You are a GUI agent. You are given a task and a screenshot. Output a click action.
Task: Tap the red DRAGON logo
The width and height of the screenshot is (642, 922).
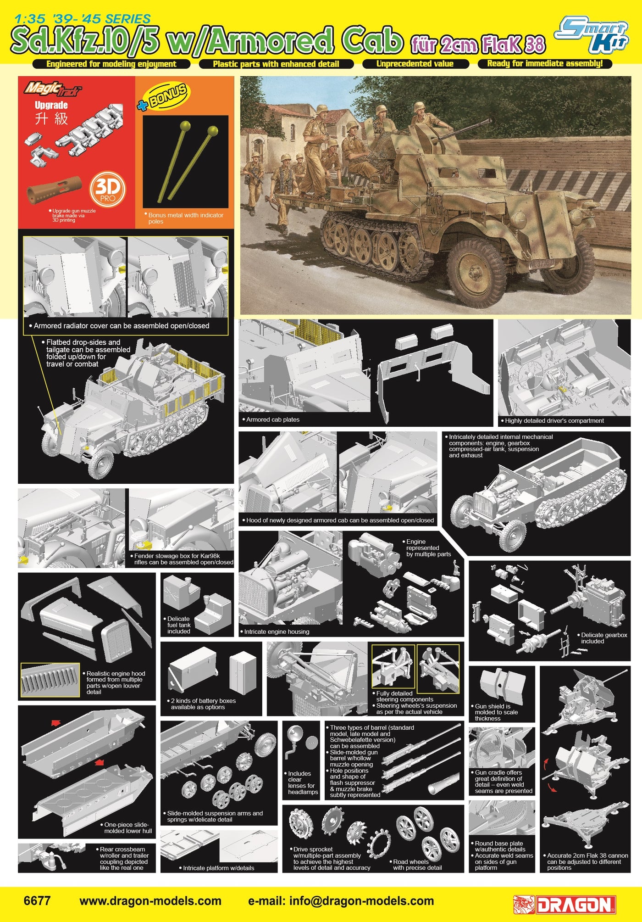565,904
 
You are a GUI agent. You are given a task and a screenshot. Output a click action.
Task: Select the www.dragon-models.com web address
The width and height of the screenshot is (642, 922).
150,900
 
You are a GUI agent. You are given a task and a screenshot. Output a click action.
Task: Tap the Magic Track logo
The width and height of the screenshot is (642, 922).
53,88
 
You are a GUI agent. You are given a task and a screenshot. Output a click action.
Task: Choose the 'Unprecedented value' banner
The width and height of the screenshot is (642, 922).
415,64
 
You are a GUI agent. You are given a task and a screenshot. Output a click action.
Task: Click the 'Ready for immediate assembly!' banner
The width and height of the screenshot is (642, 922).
545,64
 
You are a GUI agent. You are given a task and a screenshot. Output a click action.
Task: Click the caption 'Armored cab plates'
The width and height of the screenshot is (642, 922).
273,419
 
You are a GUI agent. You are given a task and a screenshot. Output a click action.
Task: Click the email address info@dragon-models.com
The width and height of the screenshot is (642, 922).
341,900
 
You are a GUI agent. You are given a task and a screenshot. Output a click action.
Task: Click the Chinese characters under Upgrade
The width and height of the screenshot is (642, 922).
51,119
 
